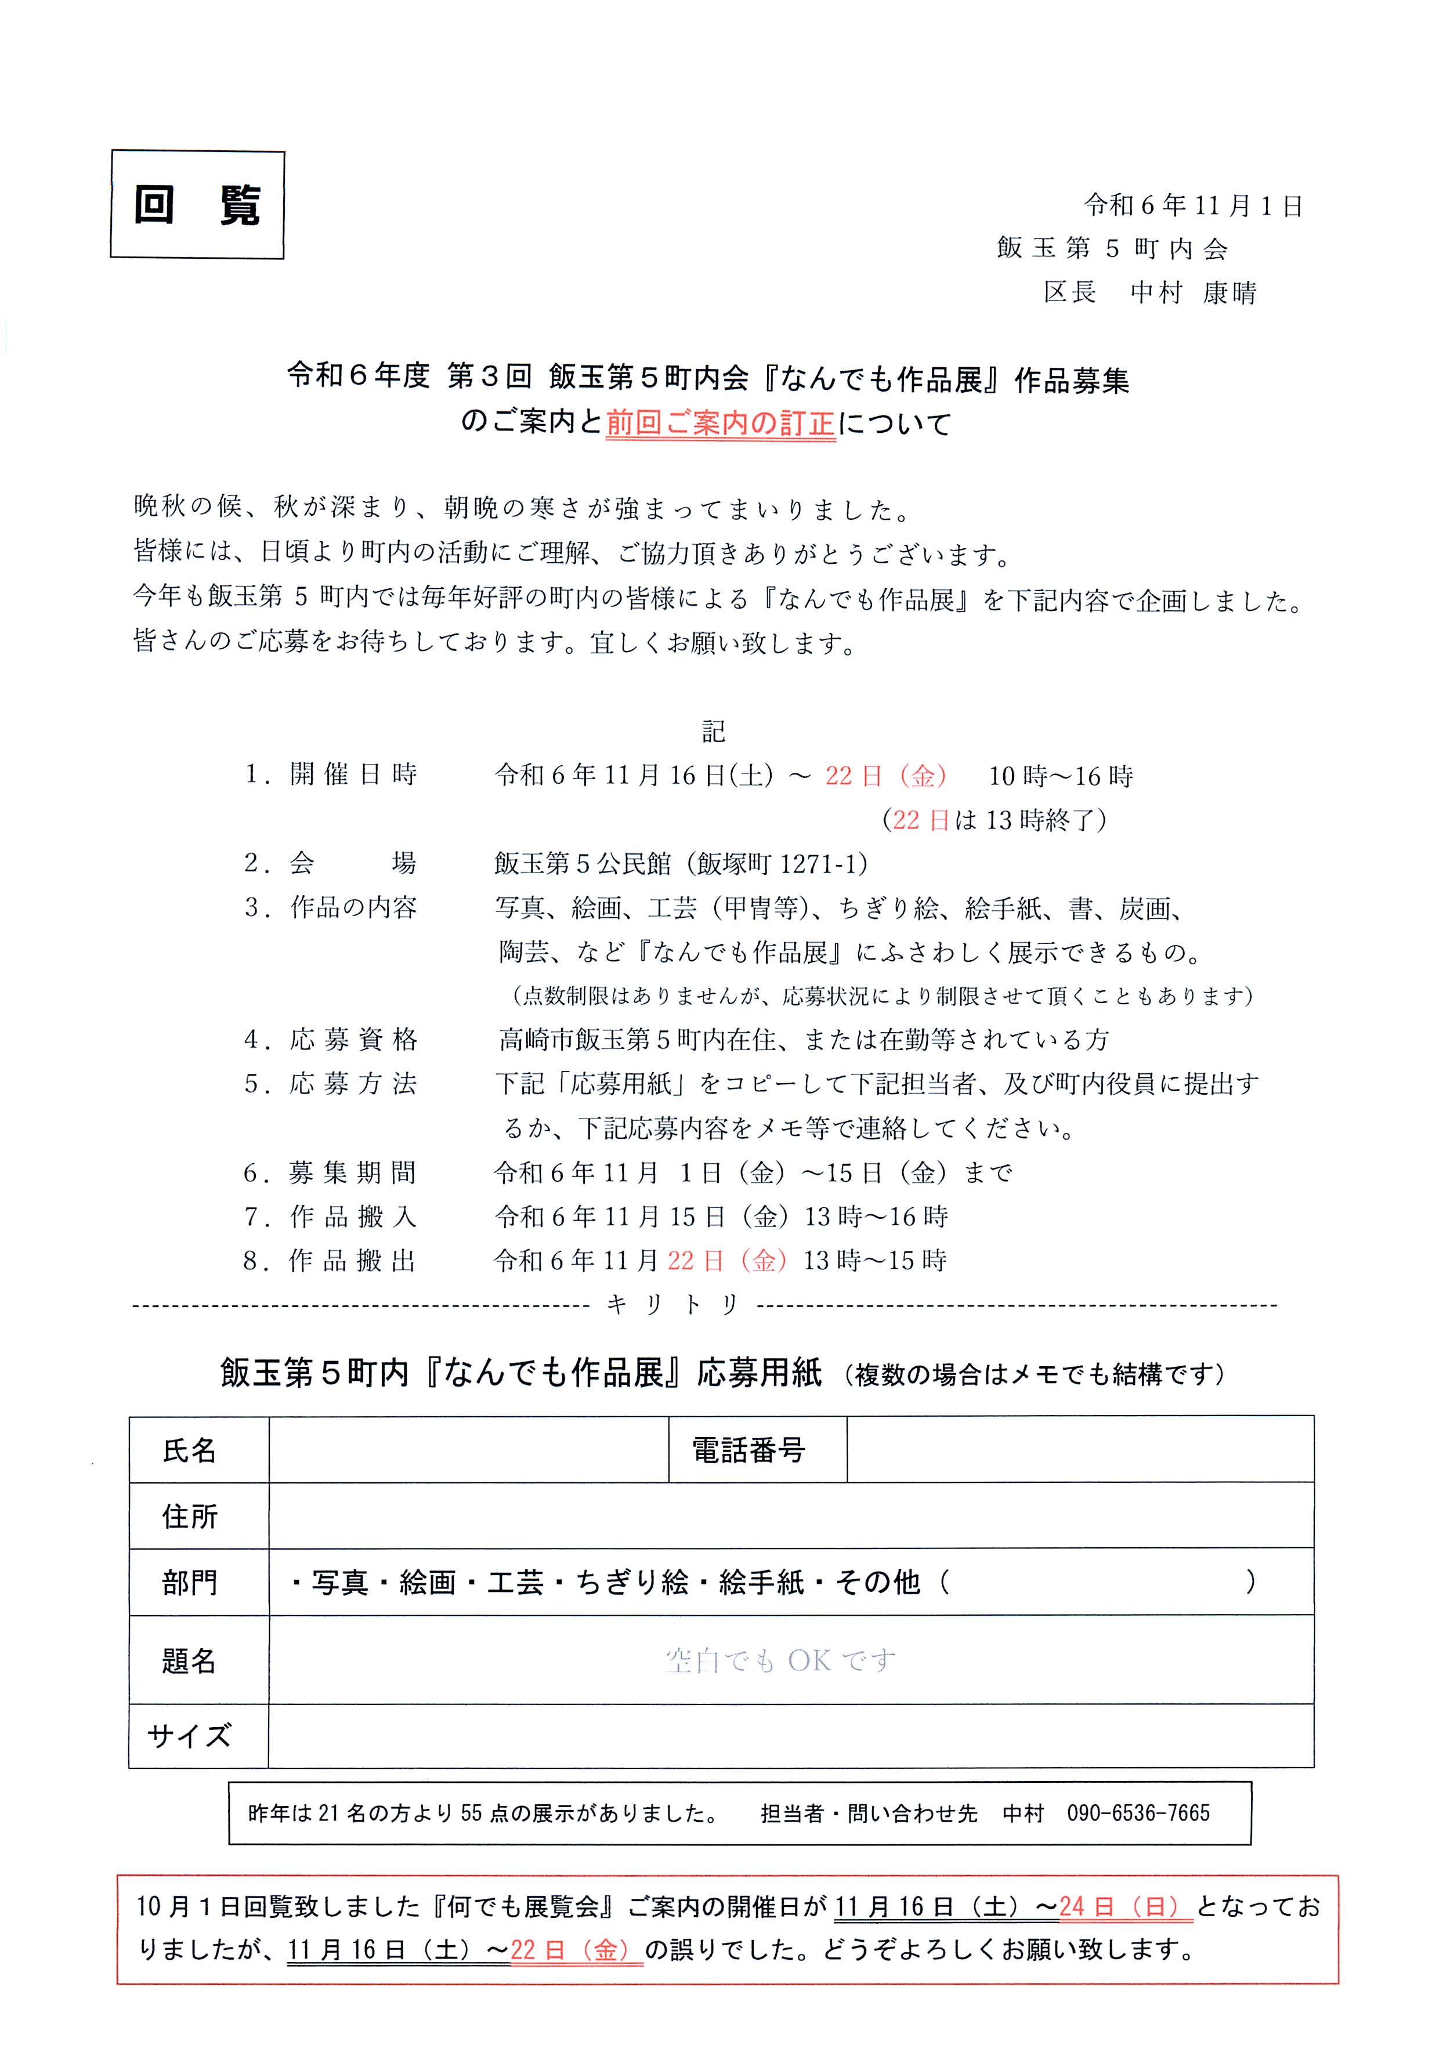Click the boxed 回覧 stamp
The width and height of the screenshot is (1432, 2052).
pos(197,205)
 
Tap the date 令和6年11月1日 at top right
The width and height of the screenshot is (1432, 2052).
pos(1194,205)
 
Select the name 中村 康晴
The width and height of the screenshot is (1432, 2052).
pos(1194,292)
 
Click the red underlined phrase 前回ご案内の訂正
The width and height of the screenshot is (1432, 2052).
pos(721,423)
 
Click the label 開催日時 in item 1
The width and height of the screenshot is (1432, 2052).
pos(353,775)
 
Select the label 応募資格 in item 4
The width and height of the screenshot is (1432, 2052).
pos(353,1040)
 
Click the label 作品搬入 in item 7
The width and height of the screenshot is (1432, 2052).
pos(353,1217)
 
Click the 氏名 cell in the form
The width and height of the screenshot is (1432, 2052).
pos(190,1450)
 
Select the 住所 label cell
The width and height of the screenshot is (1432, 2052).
pos(190,1517)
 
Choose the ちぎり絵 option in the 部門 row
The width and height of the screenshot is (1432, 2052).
pos(632,1583)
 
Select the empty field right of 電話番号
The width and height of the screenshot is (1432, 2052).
pos(1080,1450)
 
